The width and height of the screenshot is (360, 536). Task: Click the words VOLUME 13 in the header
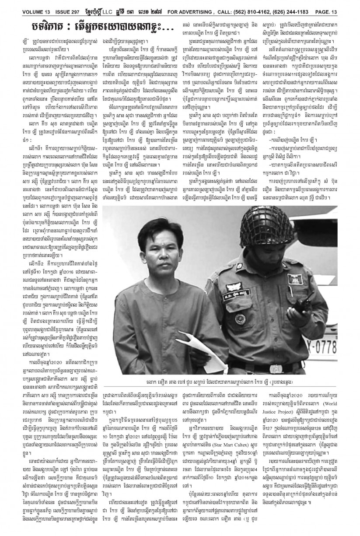[x=17, y=4]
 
